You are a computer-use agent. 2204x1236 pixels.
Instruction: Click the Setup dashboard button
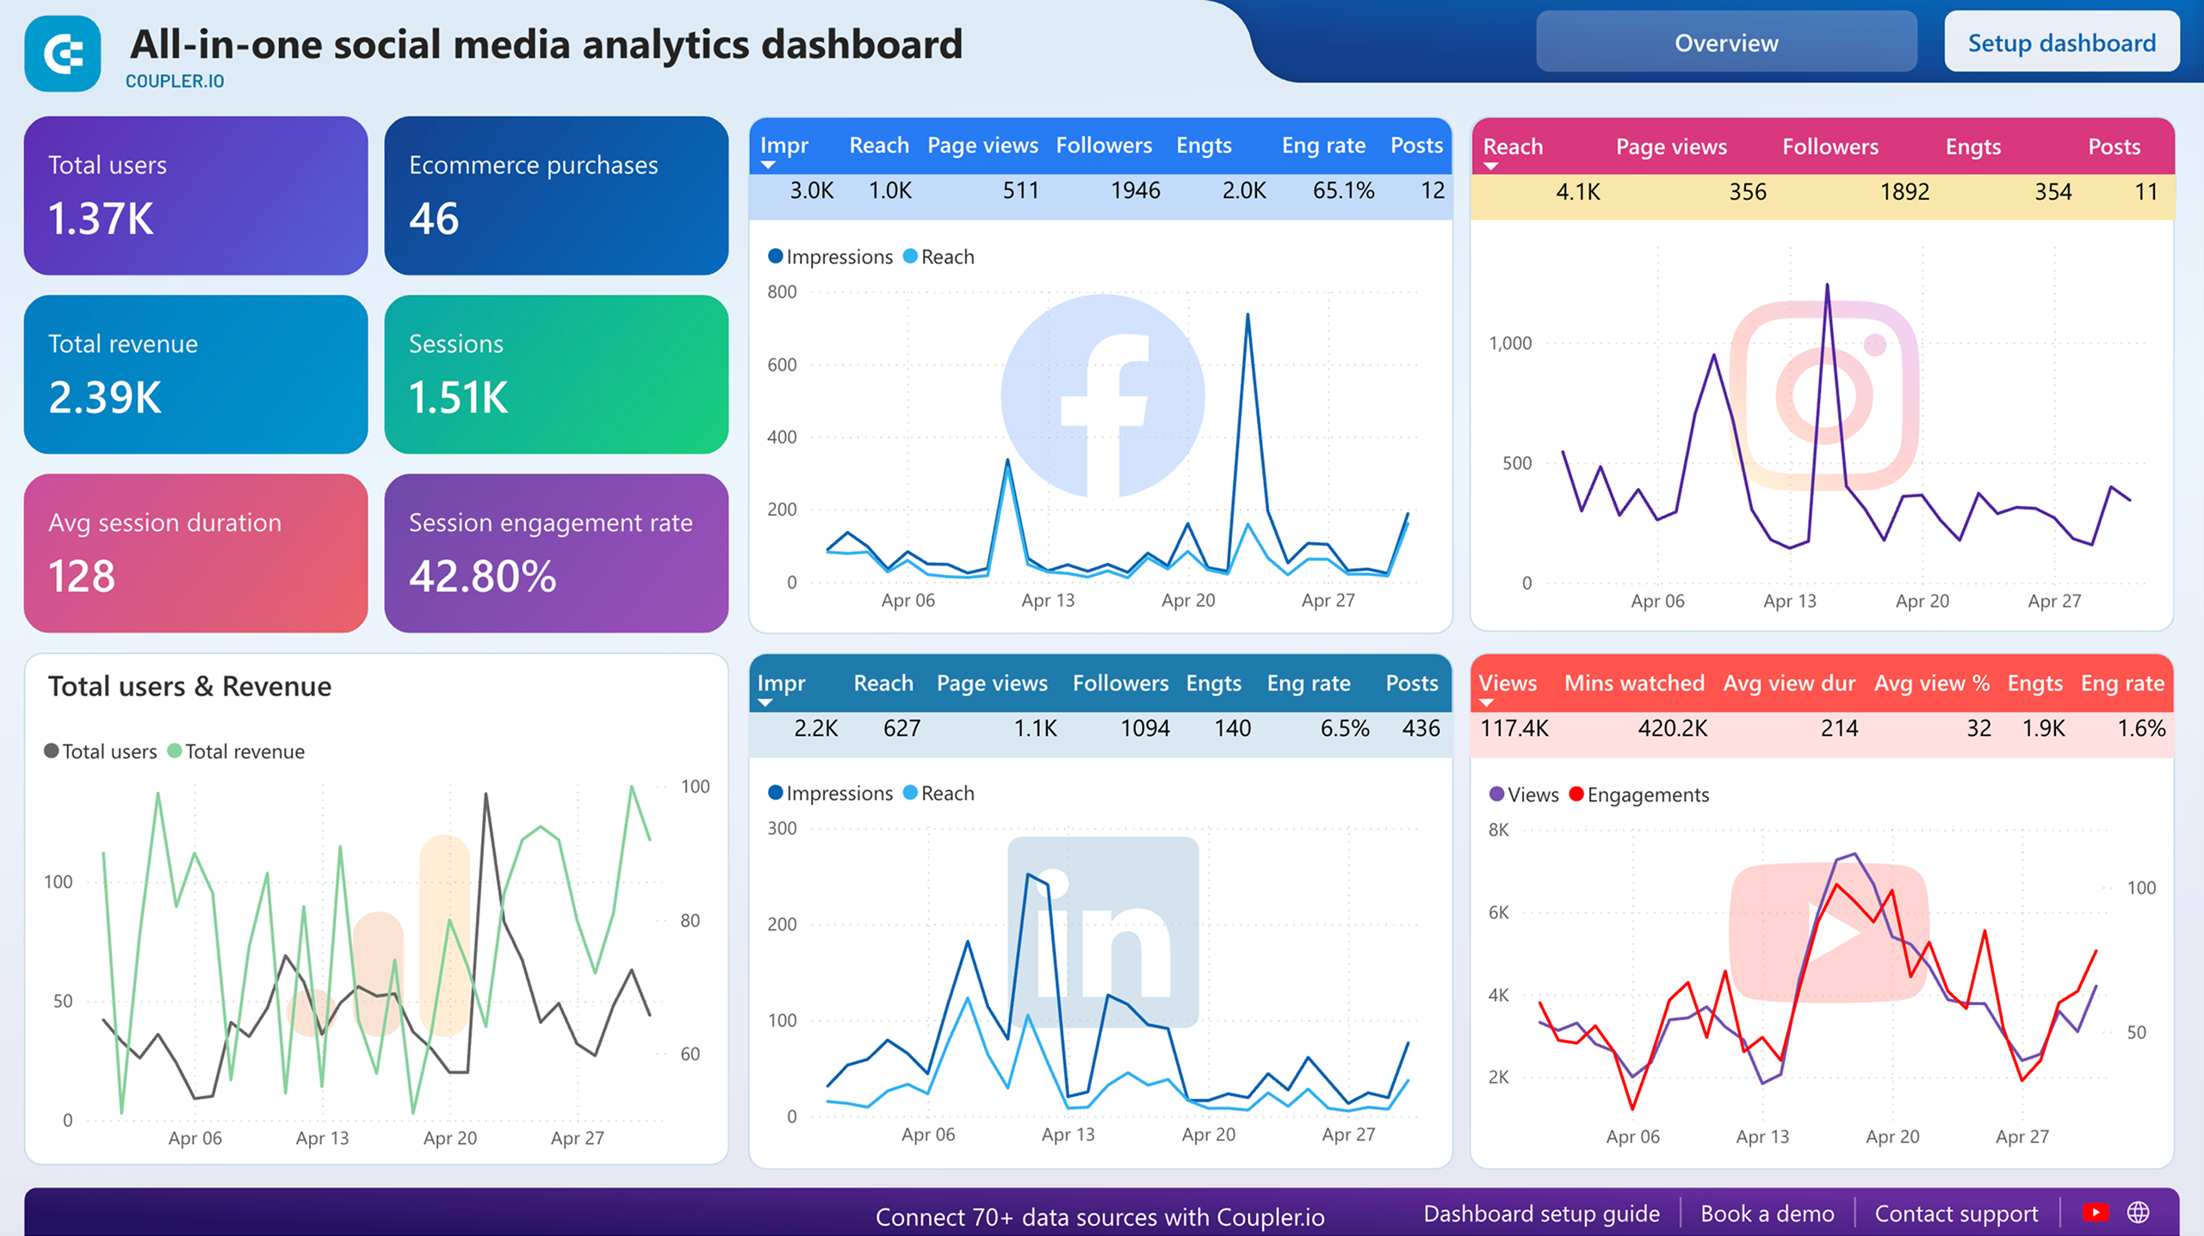2061,43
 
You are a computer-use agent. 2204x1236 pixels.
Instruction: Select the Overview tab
1725,43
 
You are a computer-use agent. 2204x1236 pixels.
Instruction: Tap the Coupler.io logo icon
63,54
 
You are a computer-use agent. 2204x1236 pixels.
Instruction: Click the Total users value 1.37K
101,219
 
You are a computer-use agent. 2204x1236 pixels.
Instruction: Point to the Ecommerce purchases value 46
434,219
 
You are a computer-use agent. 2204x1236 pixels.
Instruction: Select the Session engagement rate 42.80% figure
482,576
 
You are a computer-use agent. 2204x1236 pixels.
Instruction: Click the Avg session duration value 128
82,576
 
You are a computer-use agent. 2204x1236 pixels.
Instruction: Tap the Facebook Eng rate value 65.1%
1342,190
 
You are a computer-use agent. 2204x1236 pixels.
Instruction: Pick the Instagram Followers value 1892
1904,192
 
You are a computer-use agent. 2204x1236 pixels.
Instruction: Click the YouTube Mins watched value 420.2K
1672,728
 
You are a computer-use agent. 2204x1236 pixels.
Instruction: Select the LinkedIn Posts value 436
1421,728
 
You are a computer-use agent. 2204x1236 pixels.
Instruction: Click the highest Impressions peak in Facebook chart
1247,316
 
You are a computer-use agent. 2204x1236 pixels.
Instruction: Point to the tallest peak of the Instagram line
1827,286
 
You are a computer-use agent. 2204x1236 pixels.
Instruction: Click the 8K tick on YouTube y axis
1498,830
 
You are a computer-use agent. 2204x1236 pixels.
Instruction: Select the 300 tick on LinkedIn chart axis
782,828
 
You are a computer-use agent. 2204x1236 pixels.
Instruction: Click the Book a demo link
1767,1214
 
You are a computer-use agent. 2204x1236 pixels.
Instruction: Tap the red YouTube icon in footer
2095,1213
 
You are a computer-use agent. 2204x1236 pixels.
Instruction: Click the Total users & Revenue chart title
189,686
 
